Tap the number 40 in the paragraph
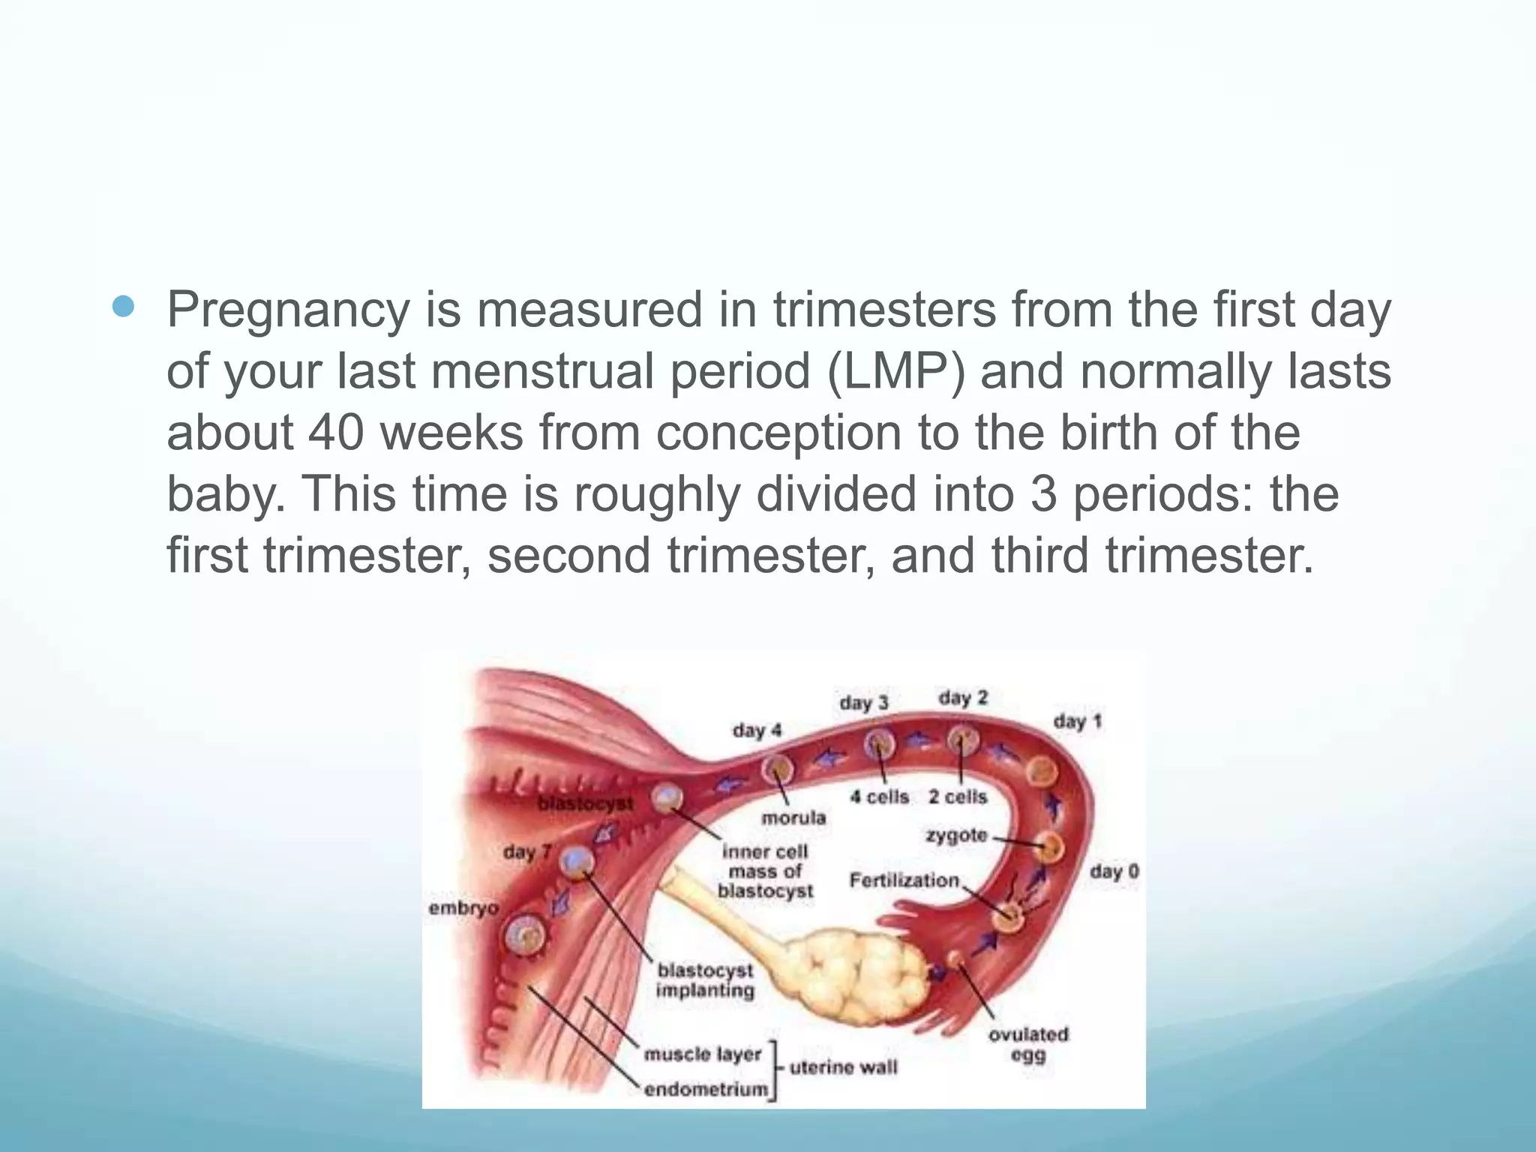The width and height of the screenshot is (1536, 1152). (336, 433)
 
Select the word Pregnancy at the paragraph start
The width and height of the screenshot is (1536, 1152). (288, 310)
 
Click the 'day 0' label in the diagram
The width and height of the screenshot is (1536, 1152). (1114, 871)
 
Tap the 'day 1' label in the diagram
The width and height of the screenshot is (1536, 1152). (1077, 721)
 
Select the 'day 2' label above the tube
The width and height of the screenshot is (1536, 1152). (963, 698)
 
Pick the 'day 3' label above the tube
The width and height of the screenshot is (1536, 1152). (863, 703)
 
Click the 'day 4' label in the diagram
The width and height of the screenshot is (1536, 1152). (757, 730)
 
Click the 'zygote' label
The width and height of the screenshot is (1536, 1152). (956, 835)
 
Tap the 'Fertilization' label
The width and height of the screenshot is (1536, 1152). (904, 880)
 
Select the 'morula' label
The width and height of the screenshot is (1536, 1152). (793, 817)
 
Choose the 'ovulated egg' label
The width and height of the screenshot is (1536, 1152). (1027, 1045)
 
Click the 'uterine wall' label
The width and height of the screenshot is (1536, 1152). (843, 1066)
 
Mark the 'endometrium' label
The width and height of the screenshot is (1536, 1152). (706, 1089)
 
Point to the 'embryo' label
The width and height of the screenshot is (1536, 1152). (463, 908)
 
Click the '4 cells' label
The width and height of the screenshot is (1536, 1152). (879, 796)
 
